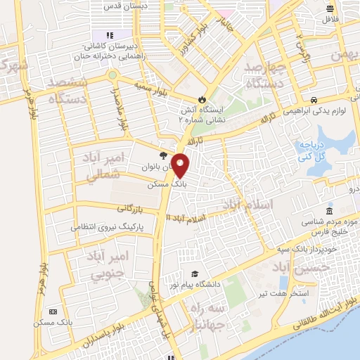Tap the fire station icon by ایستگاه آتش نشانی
click(x=203, y=98)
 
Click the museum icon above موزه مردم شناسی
click(x=329, y=212)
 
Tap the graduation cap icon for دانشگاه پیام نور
click(x=194, y=274)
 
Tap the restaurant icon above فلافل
click(x=330, y=8)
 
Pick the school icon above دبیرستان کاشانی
click(x=109, y=34)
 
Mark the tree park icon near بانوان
click(x=162, y=155)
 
